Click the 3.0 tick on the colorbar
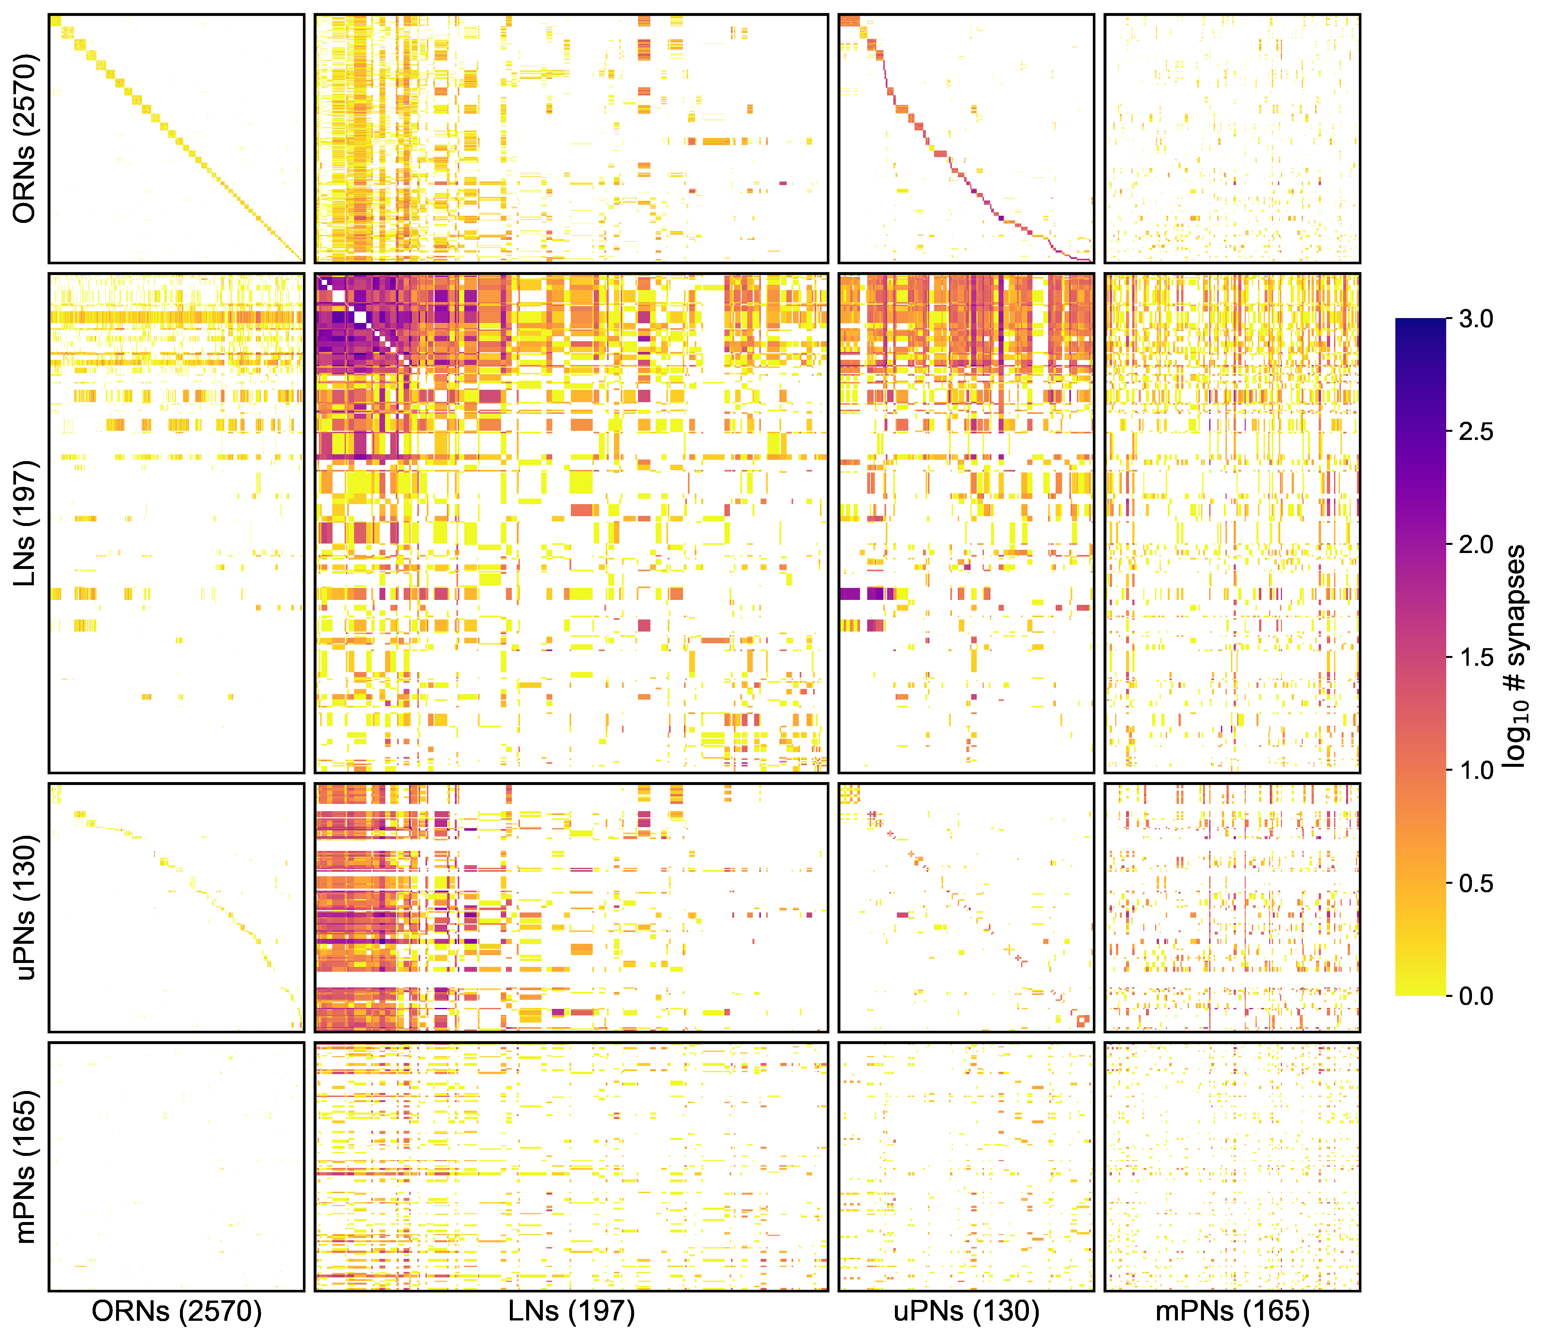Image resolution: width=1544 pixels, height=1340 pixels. click(1475, 319)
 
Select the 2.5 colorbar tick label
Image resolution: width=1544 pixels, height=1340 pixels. click(1475, 432)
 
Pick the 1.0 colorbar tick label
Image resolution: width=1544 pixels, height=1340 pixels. click(1475, 770)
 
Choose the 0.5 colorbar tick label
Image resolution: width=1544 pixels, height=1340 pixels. click(1475, 883)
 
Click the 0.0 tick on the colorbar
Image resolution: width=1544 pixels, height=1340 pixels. click(1475, 996)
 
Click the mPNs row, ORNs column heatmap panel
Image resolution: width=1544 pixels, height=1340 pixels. click(177, 1167)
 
